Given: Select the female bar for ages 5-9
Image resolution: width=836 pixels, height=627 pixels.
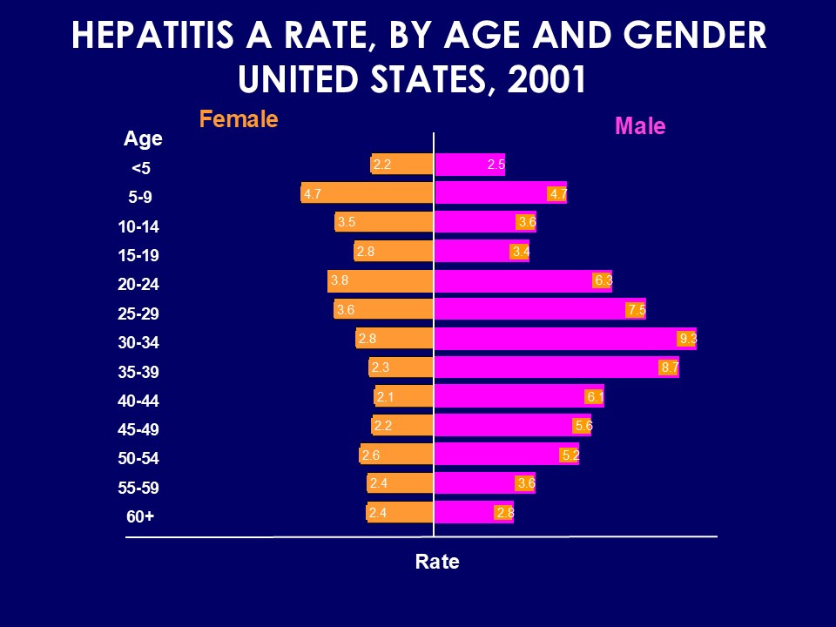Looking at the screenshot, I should (367, 193).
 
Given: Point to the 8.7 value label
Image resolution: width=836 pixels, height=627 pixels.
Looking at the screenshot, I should (669, 367).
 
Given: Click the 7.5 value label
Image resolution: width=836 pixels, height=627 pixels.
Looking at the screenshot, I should (637, 310).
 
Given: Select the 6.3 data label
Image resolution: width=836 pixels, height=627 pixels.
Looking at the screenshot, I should (603, 280).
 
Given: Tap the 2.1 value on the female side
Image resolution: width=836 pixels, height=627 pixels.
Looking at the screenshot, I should (386, 397).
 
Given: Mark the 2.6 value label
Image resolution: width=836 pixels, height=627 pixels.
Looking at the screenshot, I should (371, 455).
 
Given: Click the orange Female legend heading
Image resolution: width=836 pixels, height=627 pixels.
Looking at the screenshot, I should (239, 119).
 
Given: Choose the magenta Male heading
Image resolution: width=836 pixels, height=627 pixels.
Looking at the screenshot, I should (640, 126).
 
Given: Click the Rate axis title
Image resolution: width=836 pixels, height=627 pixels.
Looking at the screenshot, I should (437, 562).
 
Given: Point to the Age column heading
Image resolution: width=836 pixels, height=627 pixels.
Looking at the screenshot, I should (143, 138).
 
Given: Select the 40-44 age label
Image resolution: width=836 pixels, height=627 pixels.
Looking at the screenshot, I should (138, 401).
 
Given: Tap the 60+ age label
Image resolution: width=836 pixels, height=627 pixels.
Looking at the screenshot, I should (140, 516).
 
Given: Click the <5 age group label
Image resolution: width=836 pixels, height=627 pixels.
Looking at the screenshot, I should (140, 168).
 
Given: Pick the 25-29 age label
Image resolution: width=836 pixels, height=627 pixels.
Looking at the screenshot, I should (138, 313).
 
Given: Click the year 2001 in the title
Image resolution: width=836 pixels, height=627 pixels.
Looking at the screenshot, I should (544, 80).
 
